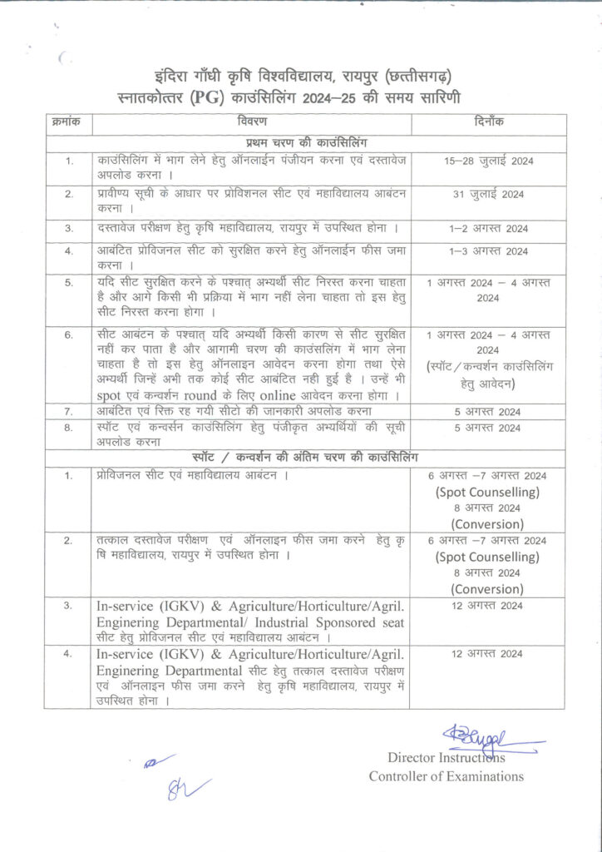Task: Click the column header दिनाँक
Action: [x=486, y=122]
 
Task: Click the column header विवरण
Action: [x=249, y=122]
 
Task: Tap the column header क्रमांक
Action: [x=67, y=122]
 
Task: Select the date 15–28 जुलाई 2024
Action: [x=486, y=160]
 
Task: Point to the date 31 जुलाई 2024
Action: [x=486, y=196]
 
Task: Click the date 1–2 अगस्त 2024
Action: [x=487, y=228]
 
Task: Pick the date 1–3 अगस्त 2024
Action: [x=487, y=251]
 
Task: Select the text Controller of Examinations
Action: [x=447, y=776]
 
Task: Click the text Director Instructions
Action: [x=446, y=757]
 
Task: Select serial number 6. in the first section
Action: [x=70, y=334]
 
